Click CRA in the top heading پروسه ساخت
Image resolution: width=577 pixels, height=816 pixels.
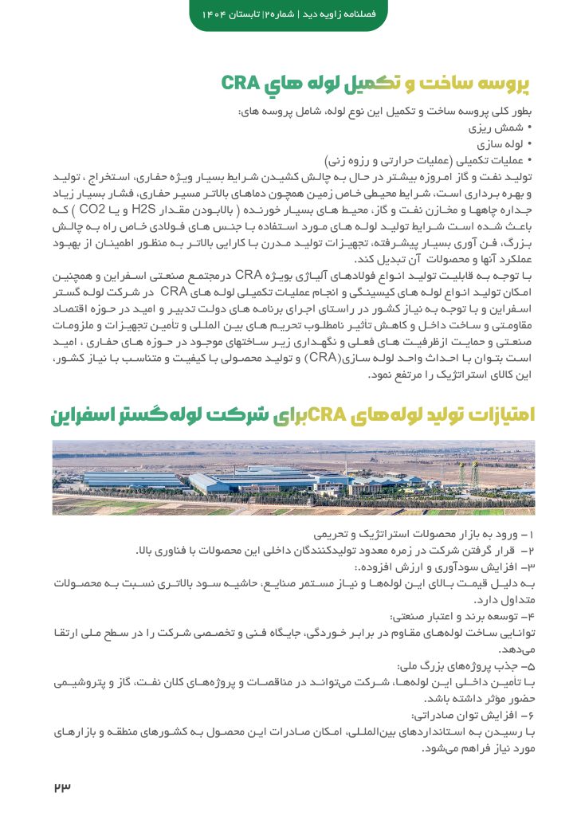click(239, 83)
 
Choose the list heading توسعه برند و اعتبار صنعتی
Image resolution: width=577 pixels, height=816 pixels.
click(461, 617)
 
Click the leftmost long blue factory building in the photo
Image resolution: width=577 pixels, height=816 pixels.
click(131, 479)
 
